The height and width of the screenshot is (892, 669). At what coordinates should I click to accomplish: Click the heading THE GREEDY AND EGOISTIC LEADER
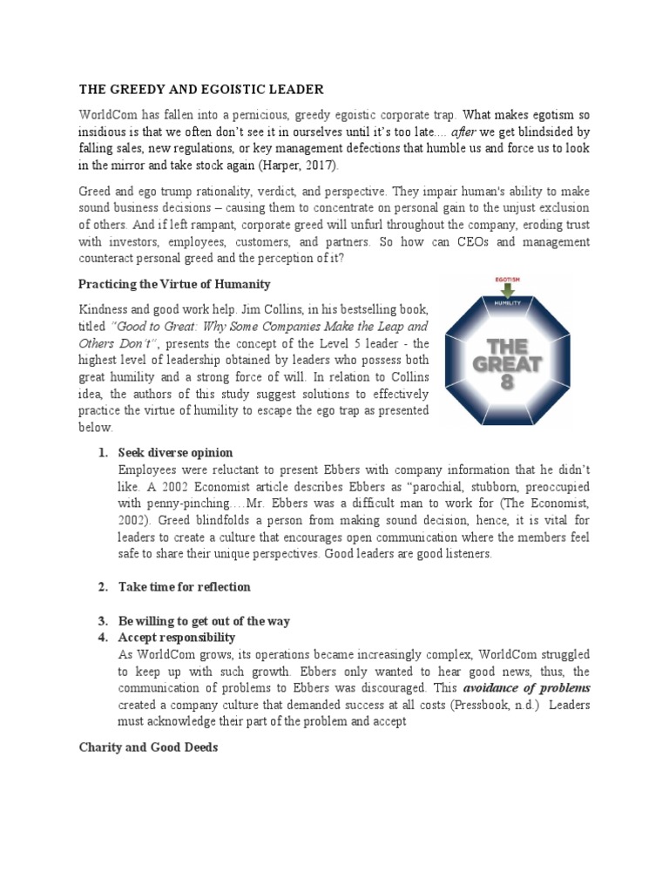(201, 89)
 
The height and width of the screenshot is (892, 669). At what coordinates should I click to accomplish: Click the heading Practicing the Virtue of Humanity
(174, 284)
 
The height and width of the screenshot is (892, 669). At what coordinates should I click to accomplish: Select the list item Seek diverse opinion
(175, 453)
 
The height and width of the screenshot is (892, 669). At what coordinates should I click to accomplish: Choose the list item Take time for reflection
(184, 587)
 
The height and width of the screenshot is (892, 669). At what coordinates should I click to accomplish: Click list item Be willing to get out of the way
(204, 621)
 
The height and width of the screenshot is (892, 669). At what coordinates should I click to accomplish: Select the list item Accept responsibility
(177, 638)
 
